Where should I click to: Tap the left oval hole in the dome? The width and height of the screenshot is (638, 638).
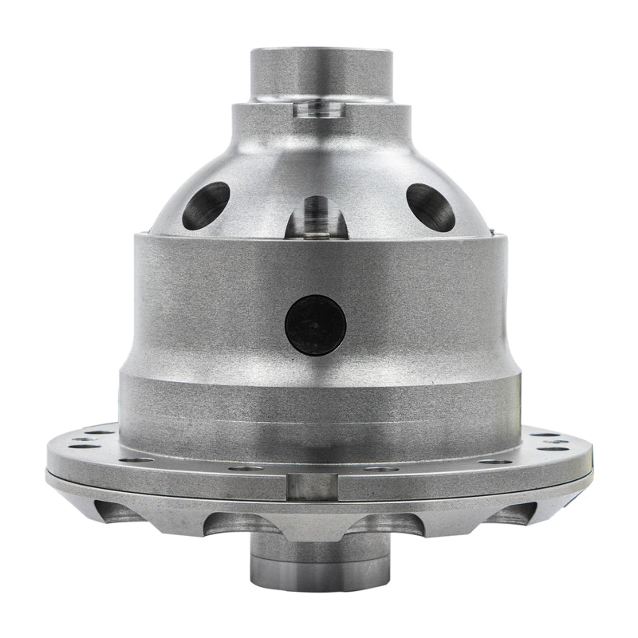point(206,205)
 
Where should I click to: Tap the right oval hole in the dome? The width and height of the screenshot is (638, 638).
point(431,207)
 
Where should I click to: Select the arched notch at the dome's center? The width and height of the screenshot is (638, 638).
point(317,216)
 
